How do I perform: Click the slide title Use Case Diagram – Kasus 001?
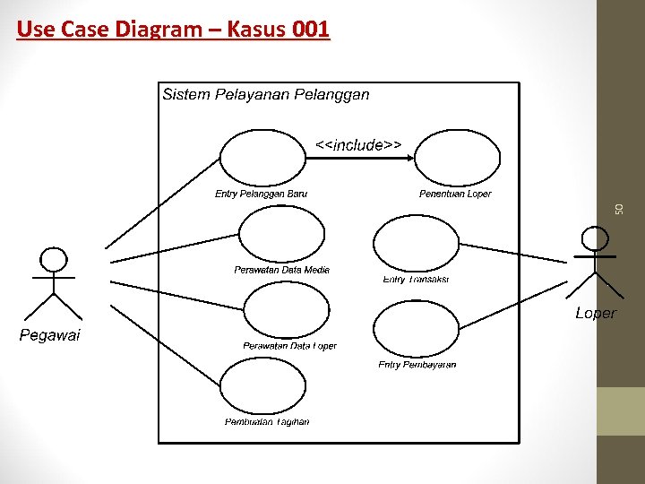tap(173, 30)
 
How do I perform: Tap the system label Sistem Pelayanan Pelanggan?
tap(265, 94)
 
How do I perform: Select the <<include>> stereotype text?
tap(358, 144)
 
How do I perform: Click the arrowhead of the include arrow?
tap(409, 158)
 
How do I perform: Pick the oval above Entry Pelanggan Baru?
tap(262, 158)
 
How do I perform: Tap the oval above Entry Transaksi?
tap(415, 243)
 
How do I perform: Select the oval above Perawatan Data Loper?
tap(287, 310)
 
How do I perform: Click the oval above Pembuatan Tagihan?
tap(262, 386)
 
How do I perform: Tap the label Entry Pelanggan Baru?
tap(261, 194)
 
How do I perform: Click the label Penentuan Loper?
tap(455, 194)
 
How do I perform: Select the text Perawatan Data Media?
tap(281, 270)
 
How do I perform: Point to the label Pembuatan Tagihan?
tap(267, 422)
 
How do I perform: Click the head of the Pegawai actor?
tap(54, 260)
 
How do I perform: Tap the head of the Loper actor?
tap(594, 238)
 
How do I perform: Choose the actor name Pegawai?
tap(50, 335)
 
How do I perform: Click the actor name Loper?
tap(596, 313)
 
